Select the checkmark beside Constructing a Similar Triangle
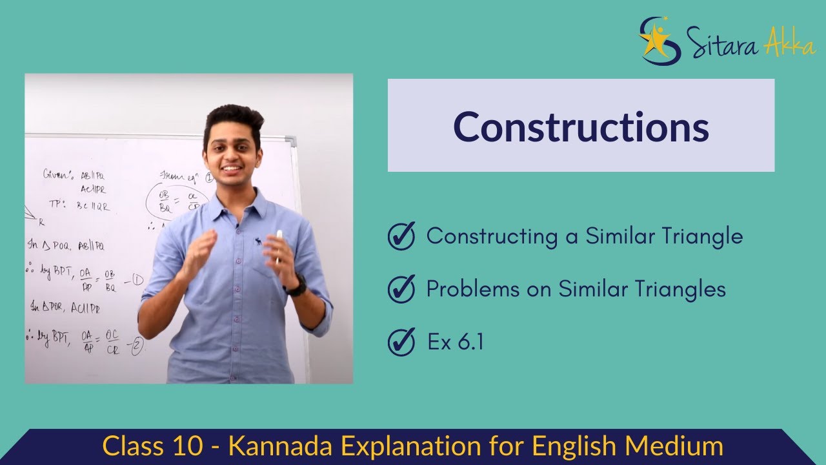401,236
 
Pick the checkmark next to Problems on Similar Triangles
401,289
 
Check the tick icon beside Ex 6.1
401,342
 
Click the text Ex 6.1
455,342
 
